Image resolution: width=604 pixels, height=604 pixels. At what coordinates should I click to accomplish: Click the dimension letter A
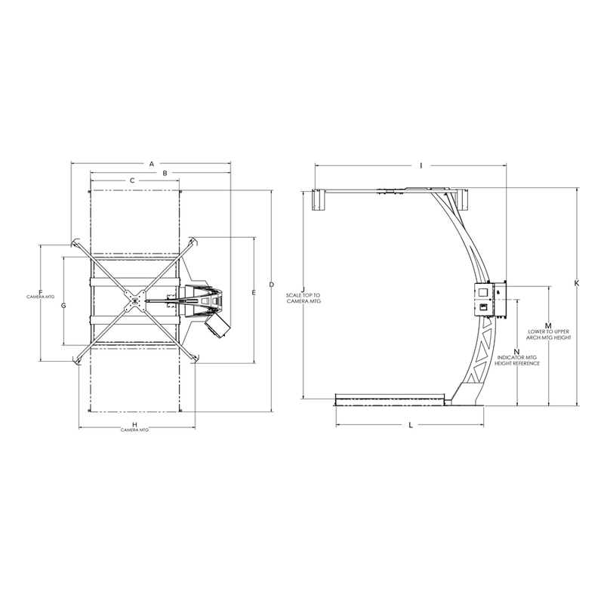(x=151, y=162)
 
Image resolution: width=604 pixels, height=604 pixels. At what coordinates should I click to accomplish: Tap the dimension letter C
(x=132, y=181)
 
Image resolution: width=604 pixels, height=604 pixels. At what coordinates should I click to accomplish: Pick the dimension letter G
(x=63, y=306)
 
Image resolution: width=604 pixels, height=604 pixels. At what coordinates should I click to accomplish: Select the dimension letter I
(x=421, y=164)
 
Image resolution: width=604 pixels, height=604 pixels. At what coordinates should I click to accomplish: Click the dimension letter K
(x=576, y=283)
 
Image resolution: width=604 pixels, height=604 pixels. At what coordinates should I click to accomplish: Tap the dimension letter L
(x=410, y=425)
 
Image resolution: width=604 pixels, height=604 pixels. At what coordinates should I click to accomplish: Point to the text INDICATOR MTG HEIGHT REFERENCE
(x=516, y=360)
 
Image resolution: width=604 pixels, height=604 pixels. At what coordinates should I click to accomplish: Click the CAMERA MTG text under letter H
(x=135, y=430)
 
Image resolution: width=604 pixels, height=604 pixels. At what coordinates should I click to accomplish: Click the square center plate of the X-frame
(x=135, y=300)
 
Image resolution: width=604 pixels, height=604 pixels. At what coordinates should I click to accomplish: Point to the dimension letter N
(x=516, y=352)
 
